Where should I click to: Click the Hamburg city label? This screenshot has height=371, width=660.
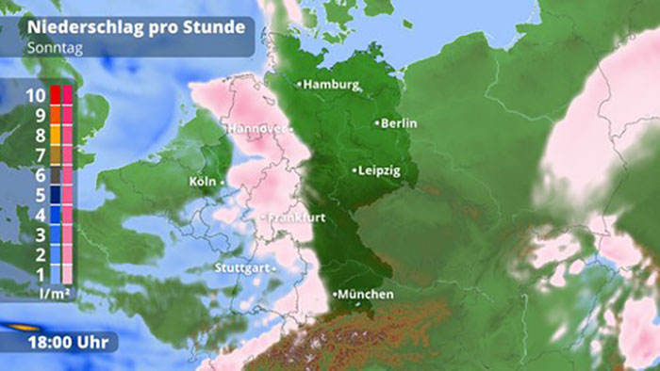click(x=331, y=85)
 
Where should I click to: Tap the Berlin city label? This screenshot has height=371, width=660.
click(x=400, y=123)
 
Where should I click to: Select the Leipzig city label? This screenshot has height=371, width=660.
click(x=380, y=171)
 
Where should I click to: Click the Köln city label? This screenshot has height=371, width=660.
click(x=202, y=181)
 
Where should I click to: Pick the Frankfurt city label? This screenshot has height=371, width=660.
click(x=292, y=218)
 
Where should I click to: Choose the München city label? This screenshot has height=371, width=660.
click(x=365, y=295)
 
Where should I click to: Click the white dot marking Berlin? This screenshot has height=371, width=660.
click(x=378, y=123)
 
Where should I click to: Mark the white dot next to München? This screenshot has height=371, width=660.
click(x=335, y=295)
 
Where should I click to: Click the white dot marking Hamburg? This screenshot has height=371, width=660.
click(x=300, y=85)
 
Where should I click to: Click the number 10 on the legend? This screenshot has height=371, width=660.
click(x=34, y=95)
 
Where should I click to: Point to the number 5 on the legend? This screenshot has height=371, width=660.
click(x=41, y=195)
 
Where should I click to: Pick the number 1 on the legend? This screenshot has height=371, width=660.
click(x=41, y=274)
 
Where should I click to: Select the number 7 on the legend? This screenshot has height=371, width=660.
click(x=41, y=154)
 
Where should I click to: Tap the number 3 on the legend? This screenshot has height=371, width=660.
click(x=41, y=234)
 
